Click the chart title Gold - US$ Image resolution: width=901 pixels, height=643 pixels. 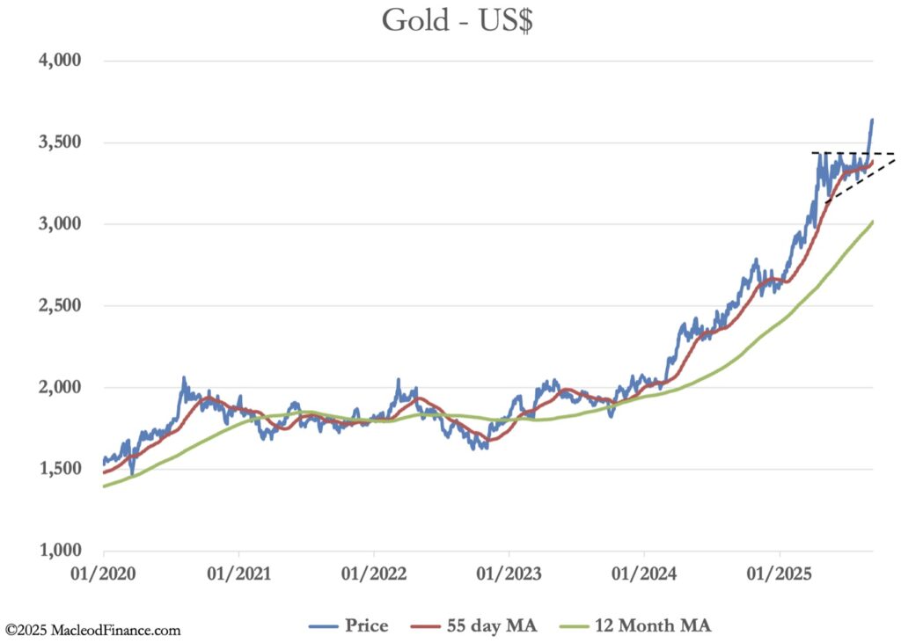[457, 20]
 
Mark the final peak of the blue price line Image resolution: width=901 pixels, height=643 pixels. [872, 120]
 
